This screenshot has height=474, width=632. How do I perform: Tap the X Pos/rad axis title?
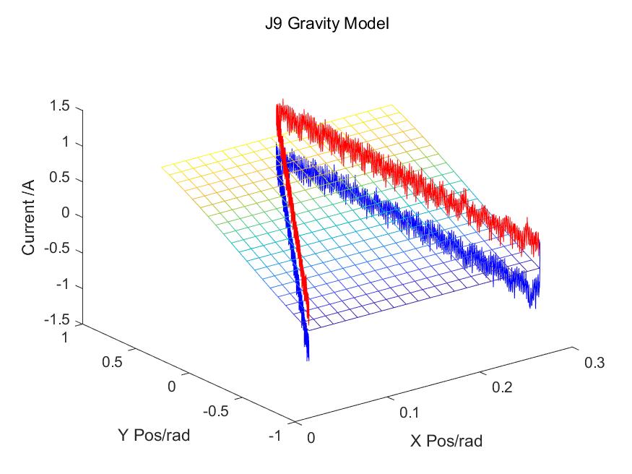[446, 441]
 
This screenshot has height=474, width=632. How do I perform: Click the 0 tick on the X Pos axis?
[310, 438]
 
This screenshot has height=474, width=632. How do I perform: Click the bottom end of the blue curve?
[308, 357]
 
